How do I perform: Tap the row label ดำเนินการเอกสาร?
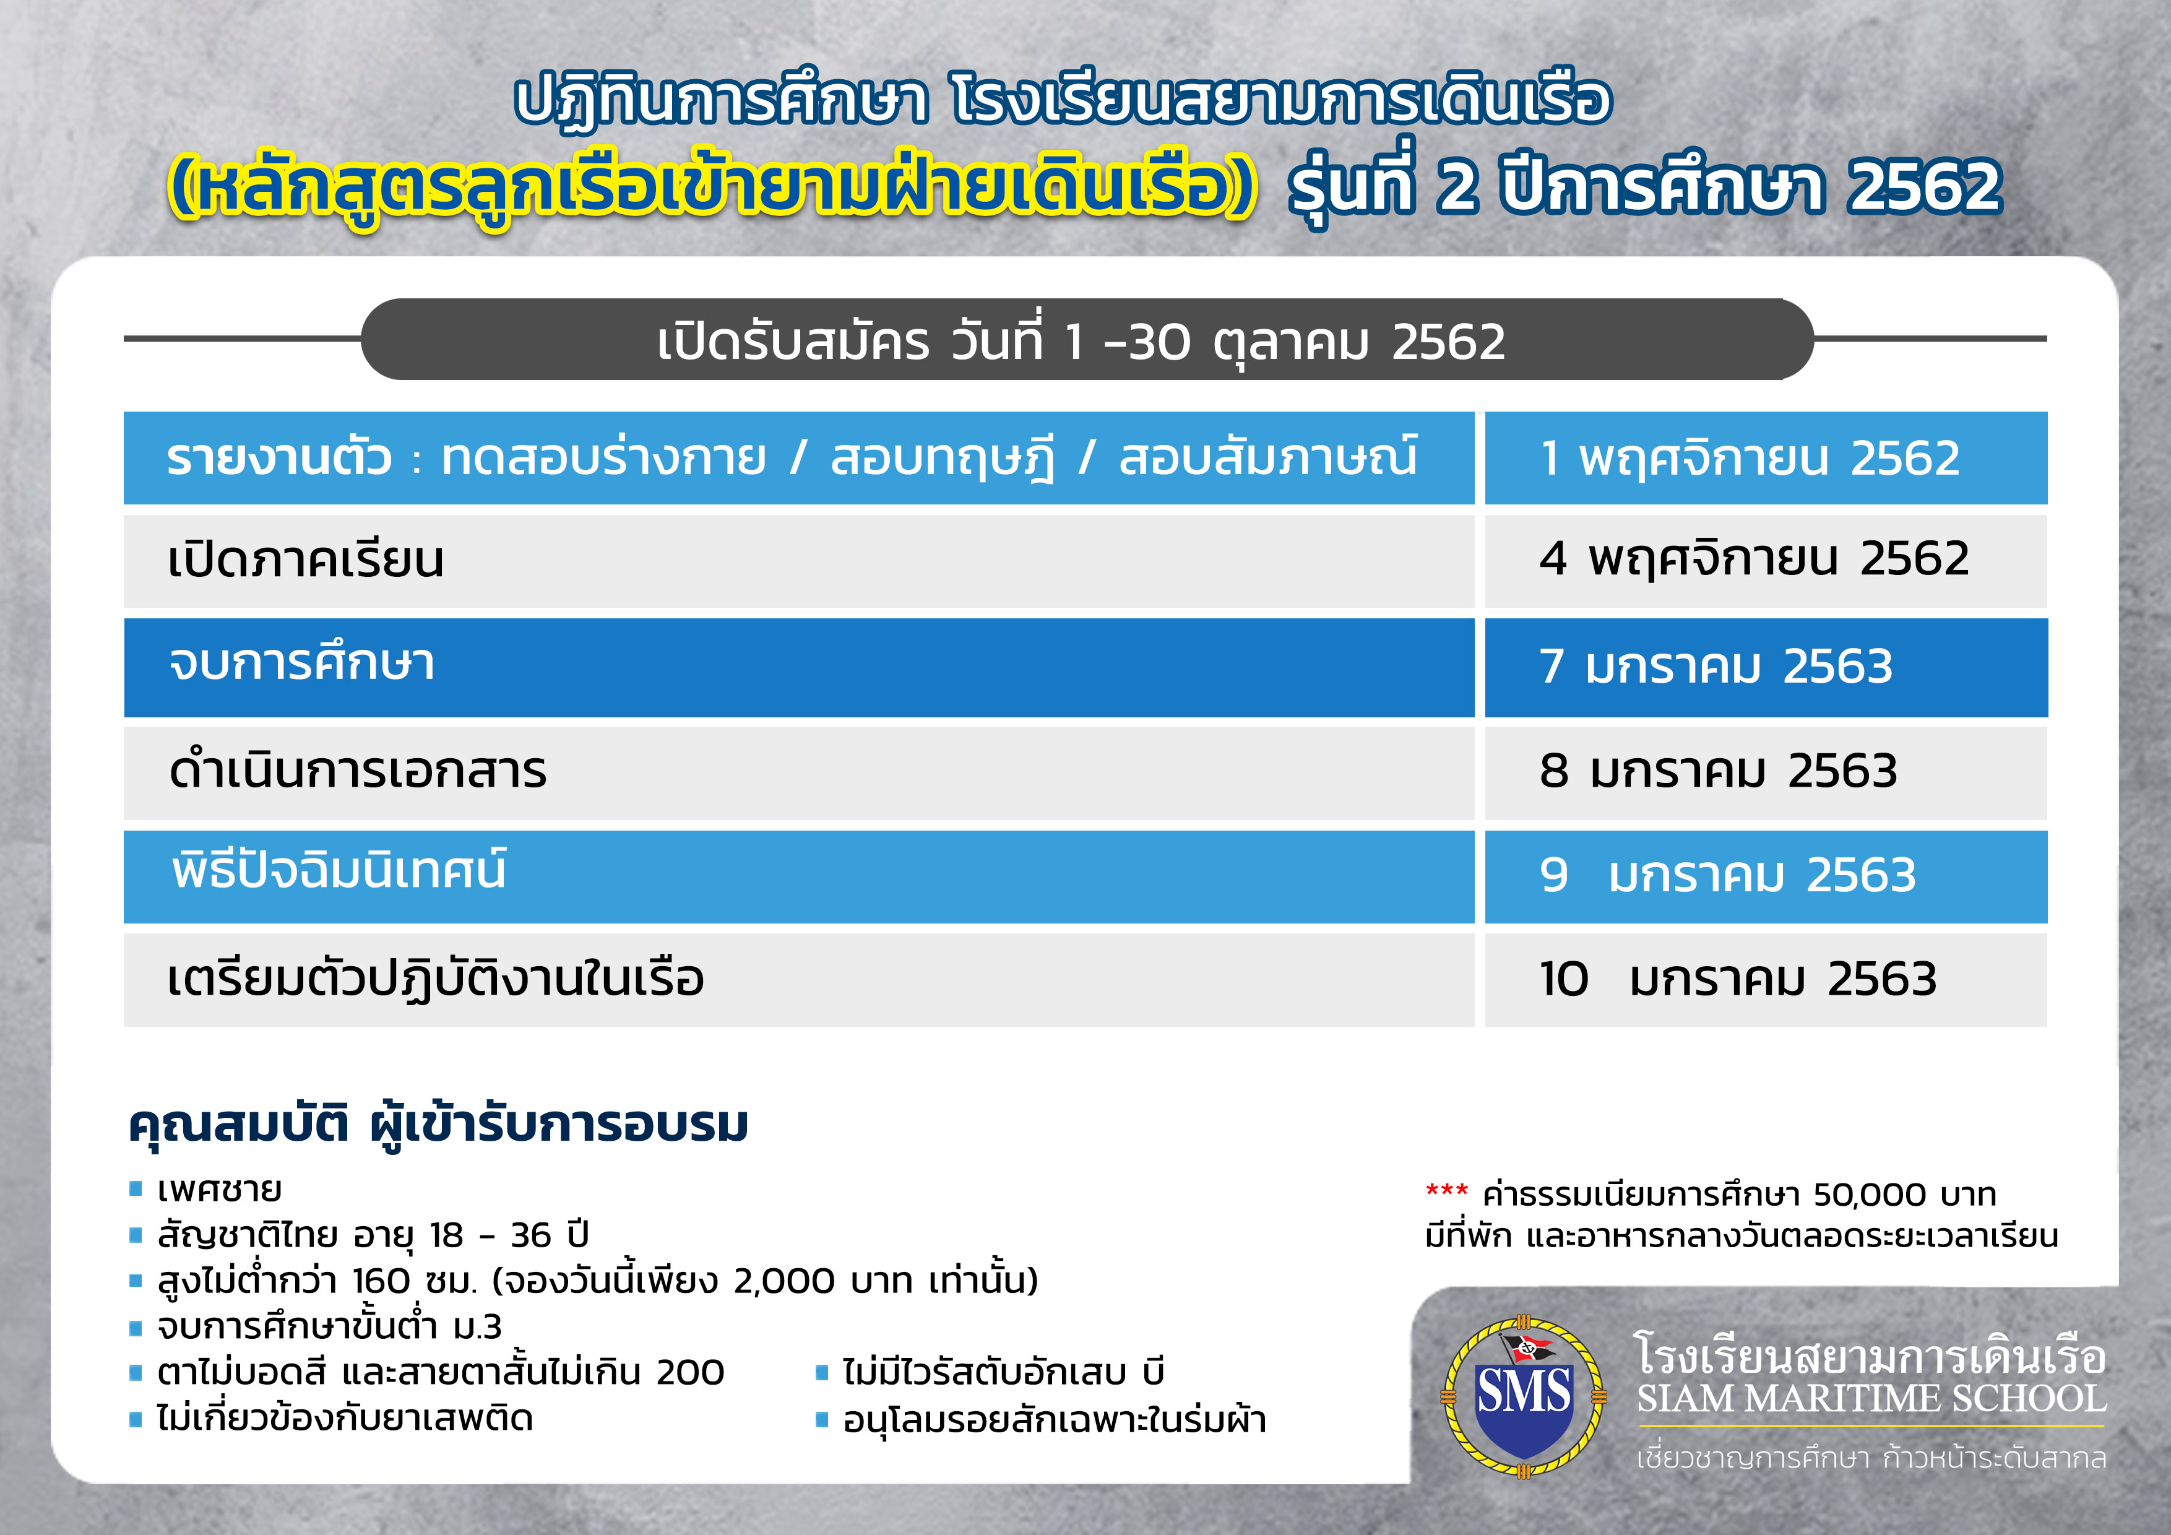358,770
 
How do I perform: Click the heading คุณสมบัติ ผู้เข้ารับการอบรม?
438,1125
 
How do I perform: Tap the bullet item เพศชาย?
218,1190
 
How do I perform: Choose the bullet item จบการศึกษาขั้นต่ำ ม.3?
329,1326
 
